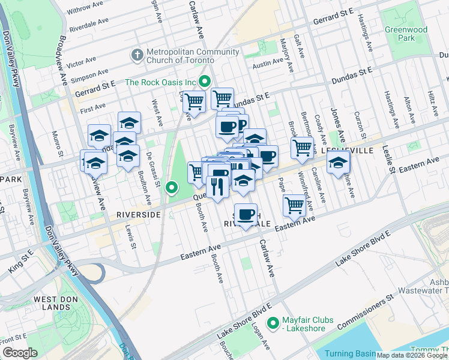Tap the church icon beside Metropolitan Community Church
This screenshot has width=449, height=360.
[x=137, y=56]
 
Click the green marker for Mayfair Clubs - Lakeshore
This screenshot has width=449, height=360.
[x=274, y=323]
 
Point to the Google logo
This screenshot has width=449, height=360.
[x=19, y=353]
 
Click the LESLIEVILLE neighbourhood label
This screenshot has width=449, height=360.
[x=348, y=151]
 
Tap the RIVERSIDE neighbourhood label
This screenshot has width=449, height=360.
[x=138, y=214]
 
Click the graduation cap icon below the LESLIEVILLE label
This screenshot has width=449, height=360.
[x=339, y=163]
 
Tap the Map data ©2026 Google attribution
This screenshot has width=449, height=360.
[x=412, y=355]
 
